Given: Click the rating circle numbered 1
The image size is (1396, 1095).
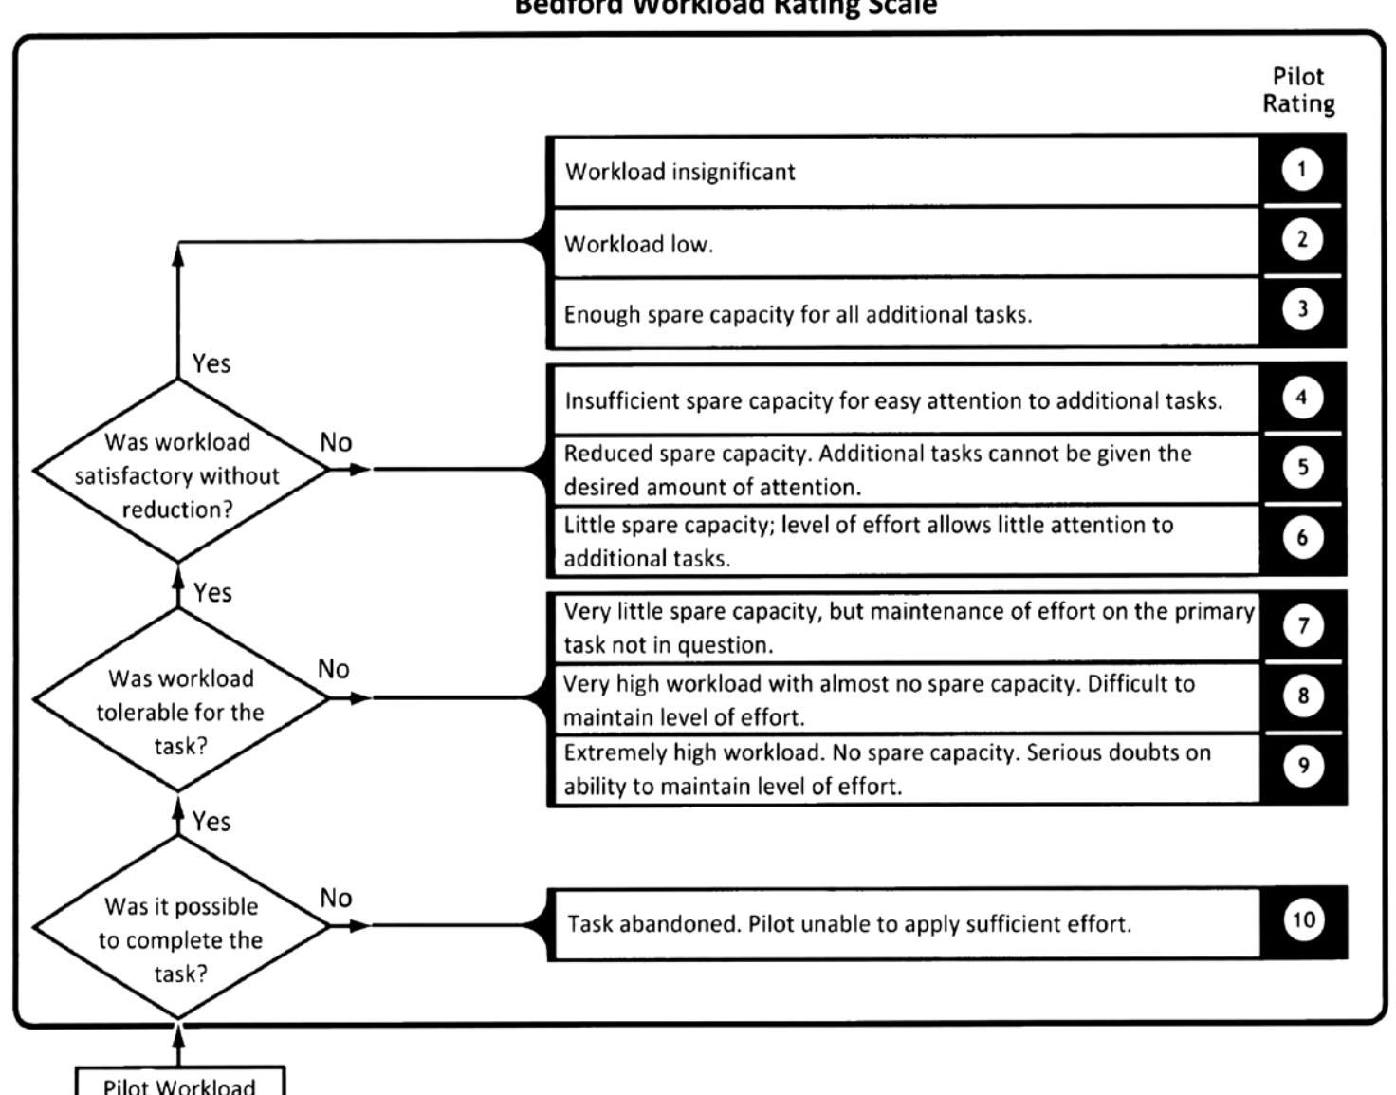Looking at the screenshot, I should coord(1301,170).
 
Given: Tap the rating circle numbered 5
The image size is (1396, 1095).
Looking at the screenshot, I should coord(1302,467).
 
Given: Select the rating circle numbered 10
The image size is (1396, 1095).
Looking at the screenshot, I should coord(1303,919).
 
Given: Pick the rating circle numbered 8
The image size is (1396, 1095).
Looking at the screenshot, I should coord(1303,696).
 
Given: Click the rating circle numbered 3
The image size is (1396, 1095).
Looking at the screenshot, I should coord(1302,309).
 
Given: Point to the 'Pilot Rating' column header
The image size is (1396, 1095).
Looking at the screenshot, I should coord(1298,90).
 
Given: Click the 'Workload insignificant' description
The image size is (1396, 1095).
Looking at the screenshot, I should coord(680,172).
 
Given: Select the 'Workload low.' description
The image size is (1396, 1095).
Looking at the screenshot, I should coord(638,244).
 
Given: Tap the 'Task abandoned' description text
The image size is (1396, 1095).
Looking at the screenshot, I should coord(849,923).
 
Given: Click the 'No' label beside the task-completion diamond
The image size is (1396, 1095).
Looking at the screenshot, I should coord(336,898).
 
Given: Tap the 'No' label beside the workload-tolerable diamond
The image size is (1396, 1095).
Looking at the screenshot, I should coord(334,669).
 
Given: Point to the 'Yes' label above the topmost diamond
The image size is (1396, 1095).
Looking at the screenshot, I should coord(211,363).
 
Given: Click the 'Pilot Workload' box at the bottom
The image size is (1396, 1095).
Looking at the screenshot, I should coord(179,1083).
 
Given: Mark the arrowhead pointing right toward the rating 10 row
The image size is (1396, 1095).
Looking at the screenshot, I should coord(358,925).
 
